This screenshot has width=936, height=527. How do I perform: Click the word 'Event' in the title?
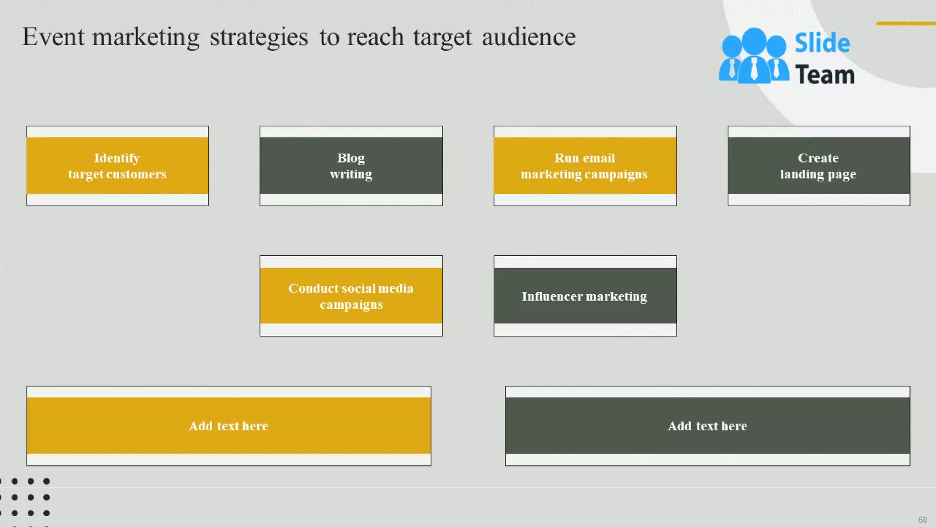53,37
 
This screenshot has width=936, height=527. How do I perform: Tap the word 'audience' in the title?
528,37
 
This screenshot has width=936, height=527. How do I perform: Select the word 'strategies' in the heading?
259,37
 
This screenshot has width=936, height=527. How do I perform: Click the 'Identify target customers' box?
117,166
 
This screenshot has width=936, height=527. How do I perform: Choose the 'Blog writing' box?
351,166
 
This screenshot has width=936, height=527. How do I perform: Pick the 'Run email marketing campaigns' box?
585,166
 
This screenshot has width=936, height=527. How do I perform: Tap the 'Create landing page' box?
818,166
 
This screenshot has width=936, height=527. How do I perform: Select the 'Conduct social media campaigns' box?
351,296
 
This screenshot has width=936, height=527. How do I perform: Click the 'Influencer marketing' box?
585,296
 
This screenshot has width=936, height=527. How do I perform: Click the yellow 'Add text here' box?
229,425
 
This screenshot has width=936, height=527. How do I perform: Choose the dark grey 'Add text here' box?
707,425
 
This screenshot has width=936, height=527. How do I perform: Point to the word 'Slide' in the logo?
822,43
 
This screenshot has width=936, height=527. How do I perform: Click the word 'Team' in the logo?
824,75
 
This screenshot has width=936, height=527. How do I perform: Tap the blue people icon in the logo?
753,57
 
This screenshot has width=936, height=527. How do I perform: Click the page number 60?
922,520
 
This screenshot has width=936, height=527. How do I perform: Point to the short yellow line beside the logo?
905,23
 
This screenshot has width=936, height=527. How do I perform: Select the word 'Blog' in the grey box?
351,158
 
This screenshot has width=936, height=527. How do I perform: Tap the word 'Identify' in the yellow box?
117,158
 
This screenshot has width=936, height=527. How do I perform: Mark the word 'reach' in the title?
375,37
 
